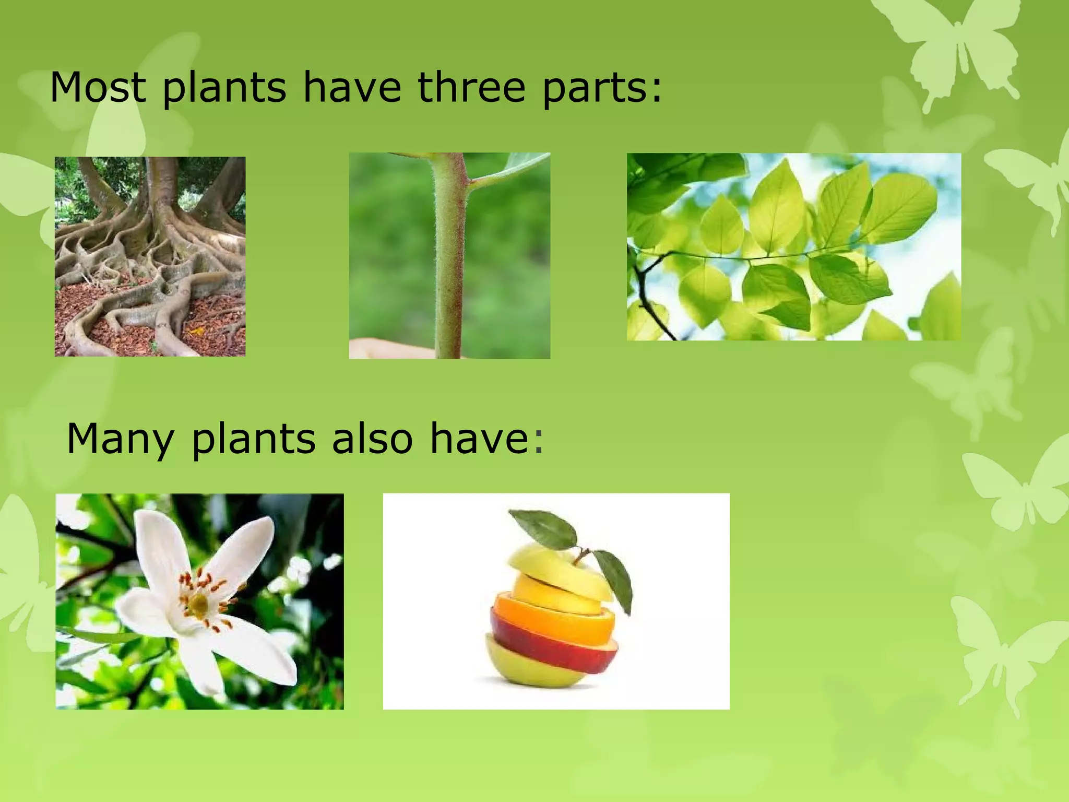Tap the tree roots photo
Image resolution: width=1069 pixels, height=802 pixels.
tap(150, 256)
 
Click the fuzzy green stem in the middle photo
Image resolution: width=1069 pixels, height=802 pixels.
tap(450, 261)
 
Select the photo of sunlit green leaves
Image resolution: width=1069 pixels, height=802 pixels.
tap(793, 246)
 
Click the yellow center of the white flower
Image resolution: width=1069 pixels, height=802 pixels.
tap(199, 604)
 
